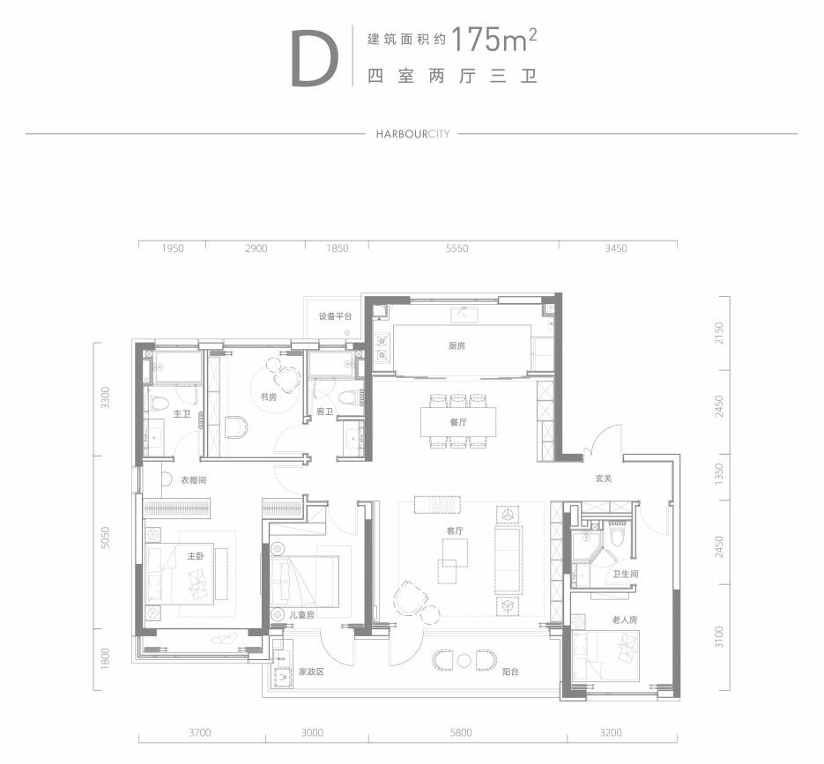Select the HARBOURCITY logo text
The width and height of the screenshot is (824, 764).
412,134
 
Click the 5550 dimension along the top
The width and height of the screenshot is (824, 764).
457,248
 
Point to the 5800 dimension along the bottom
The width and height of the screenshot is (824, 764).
460,732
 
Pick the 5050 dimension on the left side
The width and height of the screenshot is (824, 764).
106,538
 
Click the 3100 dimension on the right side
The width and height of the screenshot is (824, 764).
718,637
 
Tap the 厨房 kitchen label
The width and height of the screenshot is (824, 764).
457,345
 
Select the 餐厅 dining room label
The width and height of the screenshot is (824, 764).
459,422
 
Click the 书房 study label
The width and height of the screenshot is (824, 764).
268,397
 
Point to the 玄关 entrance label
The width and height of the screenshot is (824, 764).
604,478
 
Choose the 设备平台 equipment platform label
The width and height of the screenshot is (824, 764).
335,316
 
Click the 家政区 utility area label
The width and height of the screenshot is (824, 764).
311,671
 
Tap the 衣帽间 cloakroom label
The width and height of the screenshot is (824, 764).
193,480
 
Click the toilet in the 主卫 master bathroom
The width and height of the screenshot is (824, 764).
157,404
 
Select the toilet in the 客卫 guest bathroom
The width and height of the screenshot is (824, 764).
347,397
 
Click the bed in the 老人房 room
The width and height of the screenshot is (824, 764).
605,656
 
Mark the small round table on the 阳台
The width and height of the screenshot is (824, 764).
464,660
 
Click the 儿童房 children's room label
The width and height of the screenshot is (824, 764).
301,614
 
